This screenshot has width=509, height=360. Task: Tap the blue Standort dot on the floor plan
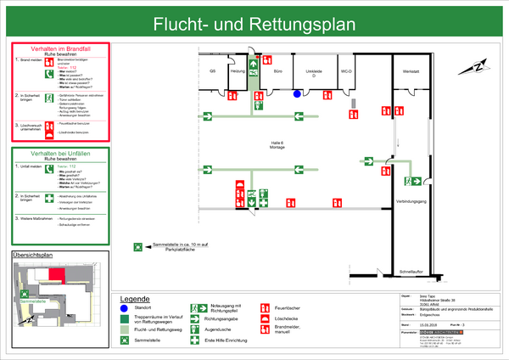(x=297, y=94)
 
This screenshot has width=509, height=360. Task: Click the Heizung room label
(x=238, y=71)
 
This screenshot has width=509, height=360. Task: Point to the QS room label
(x=213, y=71)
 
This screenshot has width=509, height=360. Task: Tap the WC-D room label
(x=346, y=71)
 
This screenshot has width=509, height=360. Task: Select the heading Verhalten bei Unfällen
(x=59, y=153)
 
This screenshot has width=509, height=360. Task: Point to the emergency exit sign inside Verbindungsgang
(x=417, y=180)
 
